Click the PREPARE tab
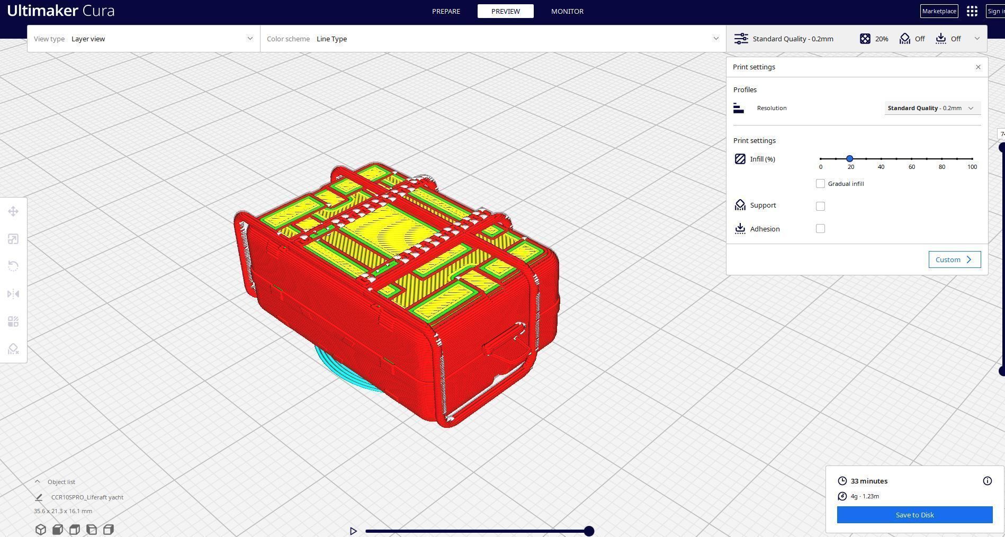point(446,11)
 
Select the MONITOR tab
point(567,11)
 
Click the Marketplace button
point(939,11)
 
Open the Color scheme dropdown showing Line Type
point(492,39)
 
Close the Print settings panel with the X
point(978,67)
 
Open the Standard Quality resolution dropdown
point(932,108)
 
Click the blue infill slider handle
point(850,159)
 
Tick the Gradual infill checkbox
point(820,184)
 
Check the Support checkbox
point(820,206)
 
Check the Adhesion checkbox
point(820,229)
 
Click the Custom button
point(954,259)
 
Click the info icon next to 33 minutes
point(987,481)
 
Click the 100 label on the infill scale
point(972,167)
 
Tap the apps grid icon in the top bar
point(972,11)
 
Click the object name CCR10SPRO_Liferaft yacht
point(87,497)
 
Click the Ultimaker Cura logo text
point(61,11)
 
